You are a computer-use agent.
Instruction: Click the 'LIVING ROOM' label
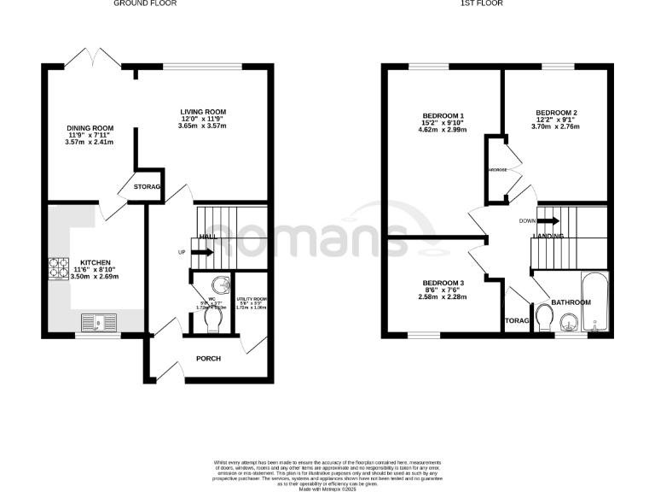202,112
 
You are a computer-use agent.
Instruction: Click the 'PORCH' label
208,358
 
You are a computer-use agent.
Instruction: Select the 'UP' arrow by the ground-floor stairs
201,252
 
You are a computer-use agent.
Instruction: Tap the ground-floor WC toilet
213,319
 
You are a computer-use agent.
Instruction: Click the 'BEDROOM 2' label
556,113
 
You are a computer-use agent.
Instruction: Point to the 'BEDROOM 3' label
443,283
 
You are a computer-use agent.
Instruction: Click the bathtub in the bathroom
594,302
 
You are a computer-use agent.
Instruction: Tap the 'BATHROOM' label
570,302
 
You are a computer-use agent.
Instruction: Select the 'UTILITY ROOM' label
252,297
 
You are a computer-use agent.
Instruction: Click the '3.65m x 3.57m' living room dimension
202,126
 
